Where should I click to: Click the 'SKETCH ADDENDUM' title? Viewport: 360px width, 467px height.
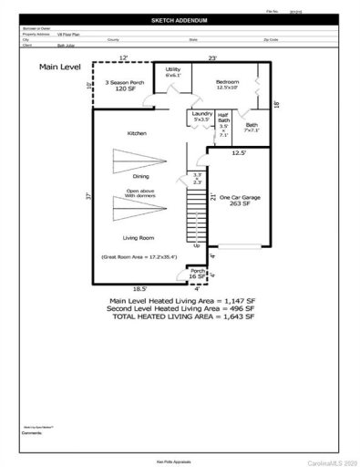180,19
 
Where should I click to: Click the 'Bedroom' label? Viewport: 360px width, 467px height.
227,82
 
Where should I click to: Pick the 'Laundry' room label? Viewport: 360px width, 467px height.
201,113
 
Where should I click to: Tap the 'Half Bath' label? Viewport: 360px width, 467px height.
223,119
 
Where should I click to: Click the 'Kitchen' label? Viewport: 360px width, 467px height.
138,134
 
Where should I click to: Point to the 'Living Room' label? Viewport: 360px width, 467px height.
139,236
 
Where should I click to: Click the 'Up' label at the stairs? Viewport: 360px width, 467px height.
197,245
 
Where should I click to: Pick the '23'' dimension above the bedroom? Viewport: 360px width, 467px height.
212,58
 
